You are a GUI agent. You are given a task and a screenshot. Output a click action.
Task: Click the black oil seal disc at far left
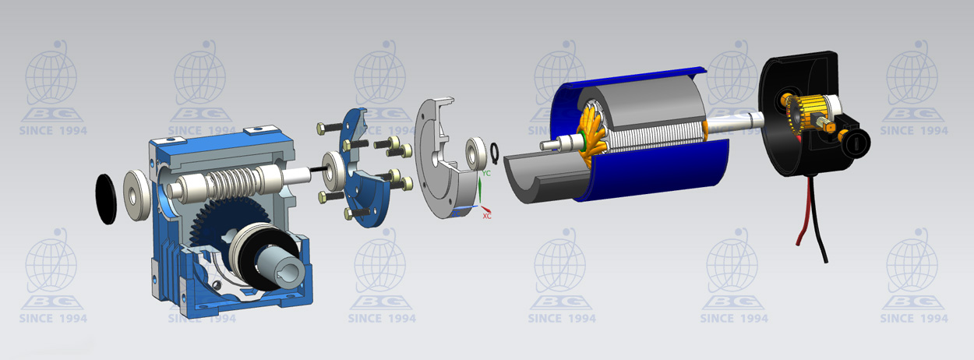[106, 199]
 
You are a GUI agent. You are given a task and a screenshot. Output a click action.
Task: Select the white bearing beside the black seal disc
[136, 195]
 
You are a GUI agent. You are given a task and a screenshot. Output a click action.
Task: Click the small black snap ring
[494, 153]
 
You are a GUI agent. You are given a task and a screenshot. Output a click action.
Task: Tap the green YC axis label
[486, 173]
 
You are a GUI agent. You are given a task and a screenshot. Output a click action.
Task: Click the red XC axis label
[486, 216]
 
